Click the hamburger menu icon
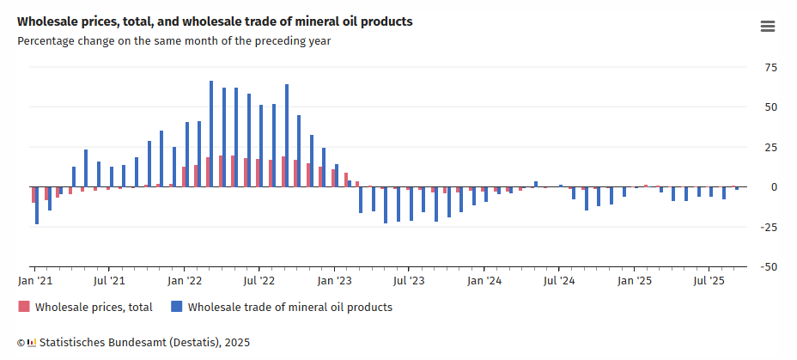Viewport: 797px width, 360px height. tap(768, 27)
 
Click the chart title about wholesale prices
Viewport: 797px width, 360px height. tap(215, 21)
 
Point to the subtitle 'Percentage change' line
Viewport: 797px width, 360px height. tap(173, 40)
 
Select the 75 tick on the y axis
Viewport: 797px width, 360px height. tap(771, 67)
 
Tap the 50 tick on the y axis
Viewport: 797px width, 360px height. tap(771, 107)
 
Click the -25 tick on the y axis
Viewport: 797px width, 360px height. tap(770, 227)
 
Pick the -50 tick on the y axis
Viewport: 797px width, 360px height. tap(770, 267)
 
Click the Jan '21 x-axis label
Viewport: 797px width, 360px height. tap(36, 280)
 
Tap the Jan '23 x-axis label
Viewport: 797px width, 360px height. tap(335, 280)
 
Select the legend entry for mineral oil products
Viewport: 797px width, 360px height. tap(289, 307)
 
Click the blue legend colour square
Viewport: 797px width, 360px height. tap(177, 307)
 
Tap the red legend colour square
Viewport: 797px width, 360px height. tap(24, 307)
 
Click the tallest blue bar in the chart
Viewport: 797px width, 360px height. tap(211, 134)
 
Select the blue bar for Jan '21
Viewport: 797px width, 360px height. tap(37, 205)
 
